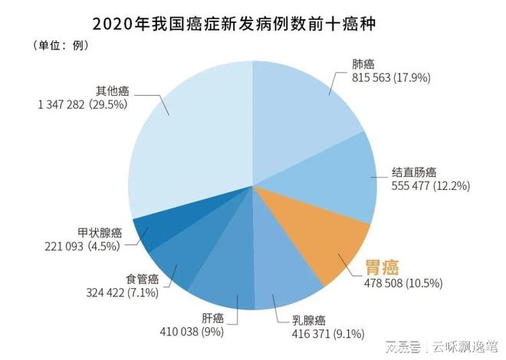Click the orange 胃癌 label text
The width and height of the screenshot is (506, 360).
tap(383, 267)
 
